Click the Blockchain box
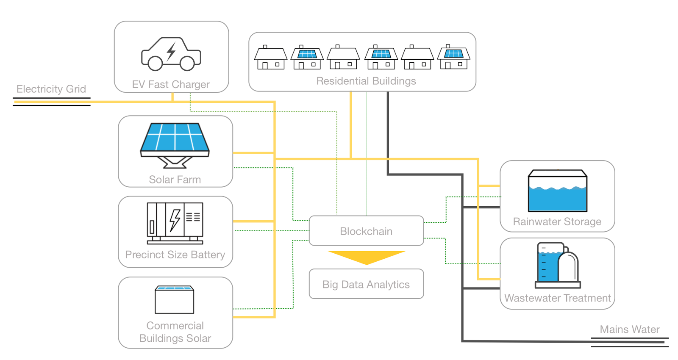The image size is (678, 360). point(366,231)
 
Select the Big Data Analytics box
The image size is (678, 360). point(366,284)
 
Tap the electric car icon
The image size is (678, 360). point(171,54)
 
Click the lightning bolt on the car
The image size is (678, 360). point(171,51)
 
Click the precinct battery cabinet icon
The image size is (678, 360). point(175,223)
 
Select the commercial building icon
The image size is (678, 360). point(175,300)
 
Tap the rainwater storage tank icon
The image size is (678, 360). point(557,191)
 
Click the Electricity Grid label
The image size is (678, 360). point(51,89)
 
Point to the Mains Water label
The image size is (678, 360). point(630,330)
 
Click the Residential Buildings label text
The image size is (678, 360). point(366,81)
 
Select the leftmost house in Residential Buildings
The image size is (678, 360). point(271,58)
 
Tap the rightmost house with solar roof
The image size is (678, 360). point(454,58)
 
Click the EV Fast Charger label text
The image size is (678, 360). point(171,84)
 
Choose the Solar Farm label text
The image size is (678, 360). point(175,180)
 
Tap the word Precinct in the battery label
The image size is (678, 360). point(144,255)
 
